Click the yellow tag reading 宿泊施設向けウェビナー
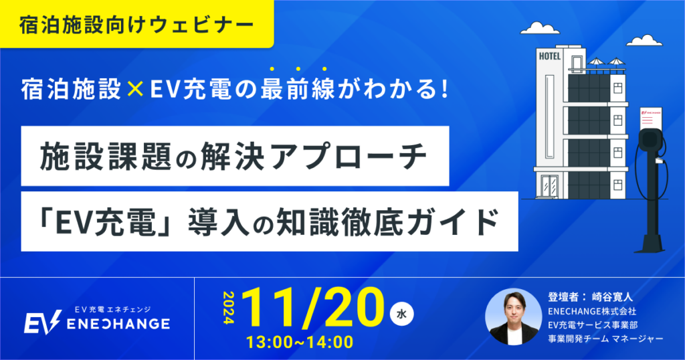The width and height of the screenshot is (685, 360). coord(136,23)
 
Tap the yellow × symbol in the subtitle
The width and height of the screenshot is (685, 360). coord(135,89)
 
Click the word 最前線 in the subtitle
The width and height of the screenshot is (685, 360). coord(298,89)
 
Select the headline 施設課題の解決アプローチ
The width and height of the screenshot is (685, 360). coord(233,157)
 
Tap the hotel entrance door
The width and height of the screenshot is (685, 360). coord(549,186)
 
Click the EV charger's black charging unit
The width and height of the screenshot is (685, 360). coord(650,143)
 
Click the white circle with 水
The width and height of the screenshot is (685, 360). coord(401,314)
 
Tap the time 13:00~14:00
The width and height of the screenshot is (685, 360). coord(300,342)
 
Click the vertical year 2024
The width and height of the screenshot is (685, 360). coord(229,308)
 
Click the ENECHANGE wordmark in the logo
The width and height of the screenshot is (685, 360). coord(118,324)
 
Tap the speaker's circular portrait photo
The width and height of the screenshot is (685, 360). coord(513,317)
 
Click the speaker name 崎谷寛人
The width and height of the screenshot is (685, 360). coord(612,297)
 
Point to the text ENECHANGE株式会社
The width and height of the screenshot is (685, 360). coord(592,311)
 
